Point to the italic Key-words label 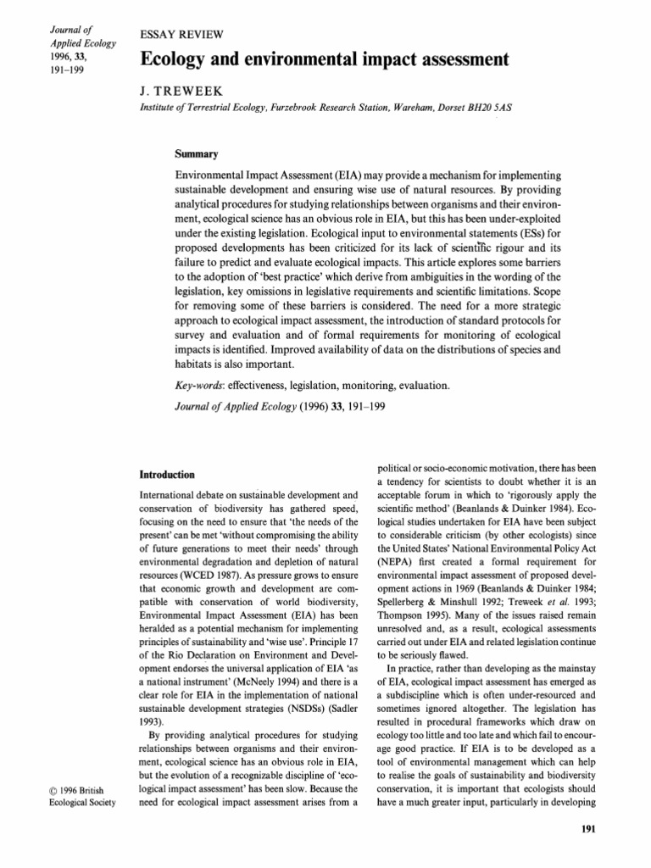(x=197, y=386)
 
